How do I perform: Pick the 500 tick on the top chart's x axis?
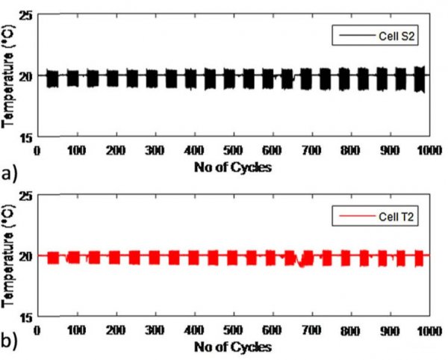pos(233,150)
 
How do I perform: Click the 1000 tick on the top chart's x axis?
pos(427,150)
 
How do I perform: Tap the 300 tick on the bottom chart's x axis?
pos(155,329)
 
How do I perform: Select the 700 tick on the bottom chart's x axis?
pos(311,329)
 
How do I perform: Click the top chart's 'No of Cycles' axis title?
pos(233,167)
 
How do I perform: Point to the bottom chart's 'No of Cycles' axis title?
pos(233,347)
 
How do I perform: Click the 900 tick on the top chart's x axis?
pos(388,150)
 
